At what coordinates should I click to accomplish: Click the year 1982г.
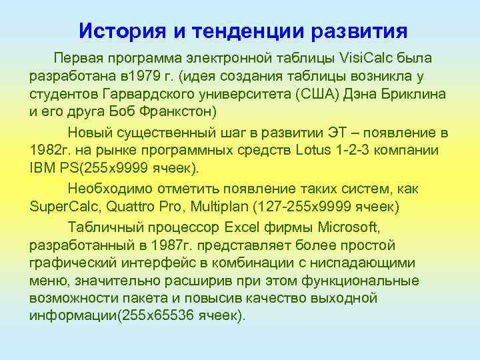click(50, 147)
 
